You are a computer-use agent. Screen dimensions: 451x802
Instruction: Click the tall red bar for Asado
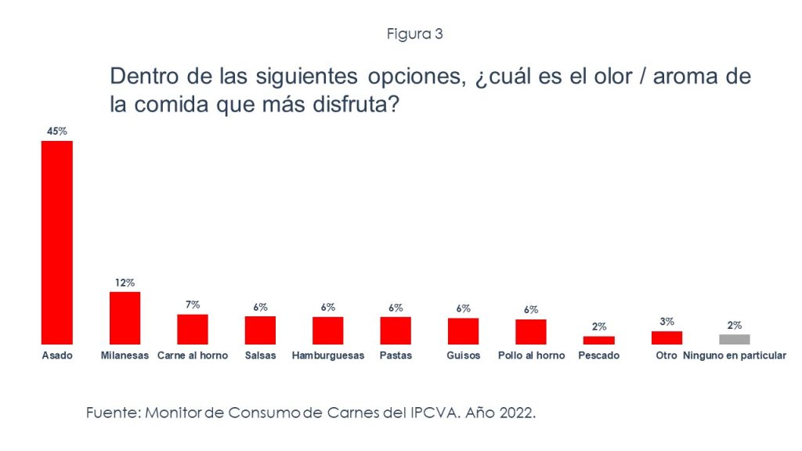tap(56, 243)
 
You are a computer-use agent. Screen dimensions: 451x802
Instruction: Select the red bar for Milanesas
tap(125, 318)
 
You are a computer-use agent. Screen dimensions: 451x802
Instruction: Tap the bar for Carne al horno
tap(192, 329)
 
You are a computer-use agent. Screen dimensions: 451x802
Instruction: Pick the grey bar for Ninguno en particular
tap(734, 339)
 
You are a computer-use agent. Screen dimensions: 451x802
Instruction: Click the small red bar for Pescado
tap(598, 340)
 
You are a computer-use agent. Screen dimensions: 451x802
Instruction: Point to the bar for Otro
tap(667, 337)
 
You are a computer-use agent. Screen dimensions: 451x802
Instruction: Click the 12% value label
tap(125, 282)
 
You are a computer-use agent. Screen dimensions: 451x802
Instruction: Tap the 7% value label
tap(193, 304)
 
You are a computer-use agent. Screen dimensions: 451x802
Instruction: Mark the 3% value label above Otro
tap(667, 322)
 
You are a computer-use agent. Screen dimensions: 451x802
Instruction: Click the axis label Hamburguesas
tap(327, 355)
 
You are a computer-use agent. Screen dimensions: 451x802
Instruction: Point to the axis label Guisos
tap(463, 355)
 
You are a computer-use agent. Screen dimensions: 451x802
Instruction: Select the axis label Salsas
tap(260, 355)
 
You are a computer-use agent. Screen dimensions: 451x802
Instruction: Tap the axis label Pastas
tap(396, 355)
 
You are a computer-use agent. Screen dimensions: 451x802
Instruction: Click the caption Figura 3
tap(415, 34)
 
